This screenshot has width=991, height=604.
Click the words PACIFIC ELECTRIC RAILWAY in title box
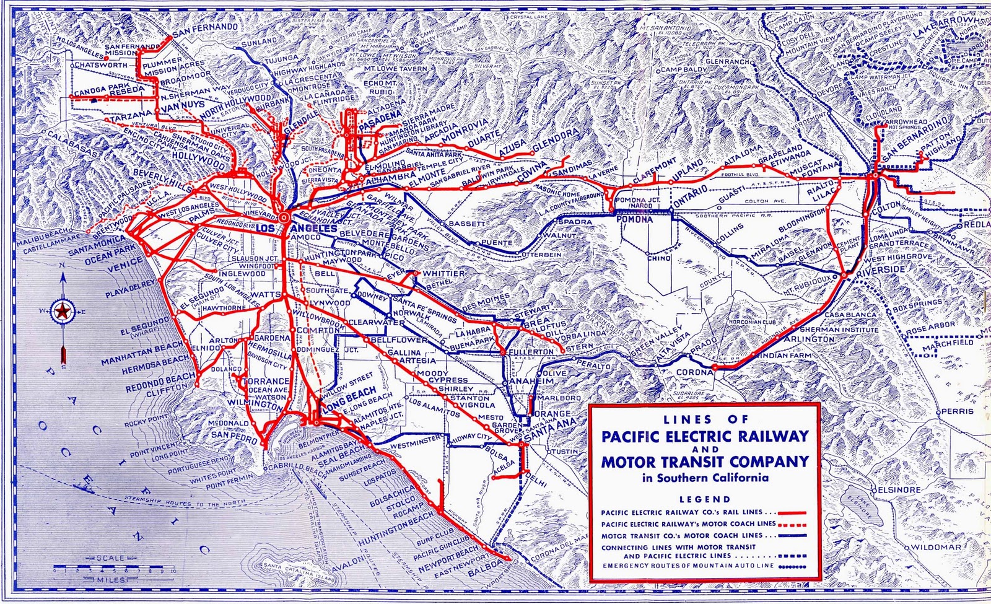point(705,435)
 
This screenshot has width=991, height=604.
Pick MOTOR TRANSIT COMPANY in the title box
point(705,462)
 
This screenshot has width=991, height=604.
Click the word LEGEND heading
point(705,499)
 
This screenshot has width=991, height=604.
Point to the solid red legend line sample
point(793,514)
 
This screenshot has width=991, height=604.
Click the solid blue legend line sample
point(793,535)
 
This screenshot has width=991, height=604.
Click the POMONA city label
point(634,219)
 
